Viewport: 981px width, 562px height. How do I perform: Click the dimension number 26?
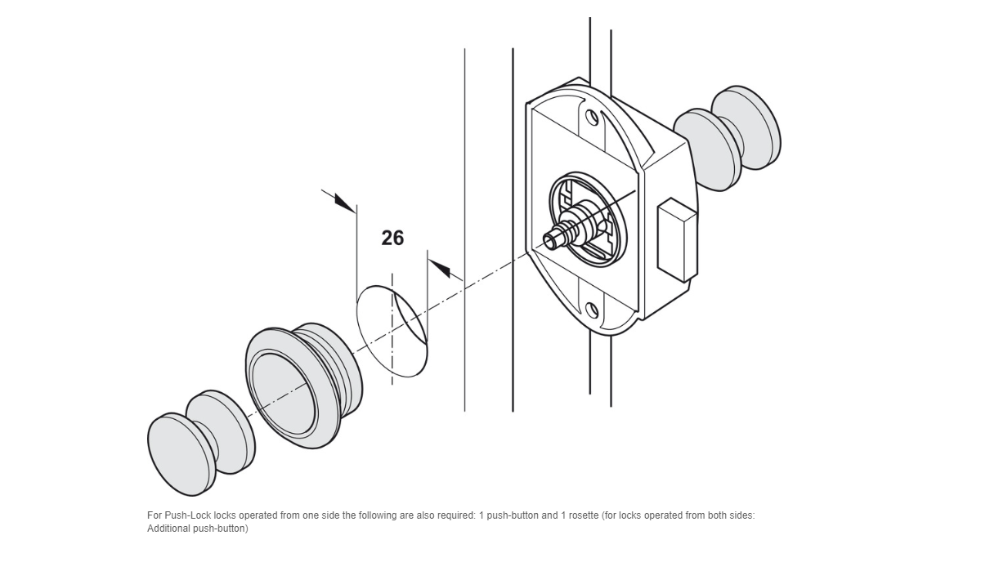392,238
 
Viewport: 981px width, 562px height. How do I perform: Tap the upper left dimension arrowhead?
344,202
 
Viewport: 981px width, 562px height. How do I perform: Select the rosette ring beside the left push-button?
303,384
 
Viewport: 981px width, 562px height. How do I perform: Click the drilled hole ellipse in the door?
392,331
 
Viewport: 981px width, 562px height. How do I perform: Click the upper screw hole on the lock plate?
592,117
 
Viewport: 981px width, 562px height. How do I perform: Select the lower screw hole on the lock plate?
592,310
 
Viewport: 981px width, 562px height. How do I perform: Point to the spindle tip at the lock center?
552,239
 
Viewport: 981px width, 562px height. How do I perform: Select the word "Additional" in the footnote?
168,529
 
